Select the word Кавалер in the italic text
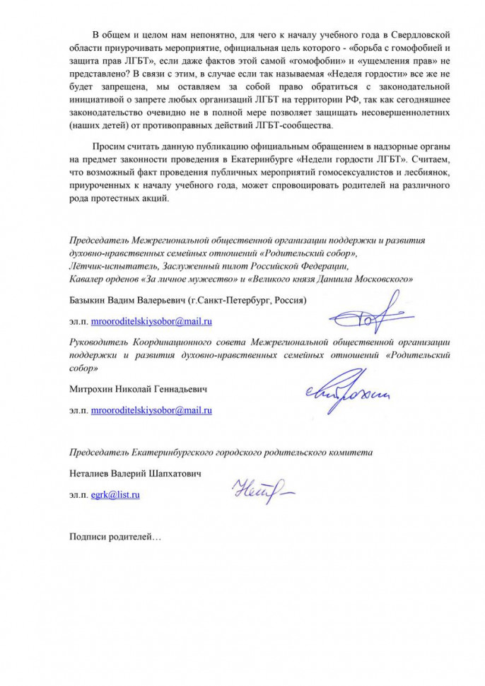[x=87, y=279]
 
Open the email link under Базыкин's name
[x=152, y=322]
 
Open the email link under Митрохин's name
[x=152, y=409]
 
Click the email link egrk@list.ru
[x=115, y=495]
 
